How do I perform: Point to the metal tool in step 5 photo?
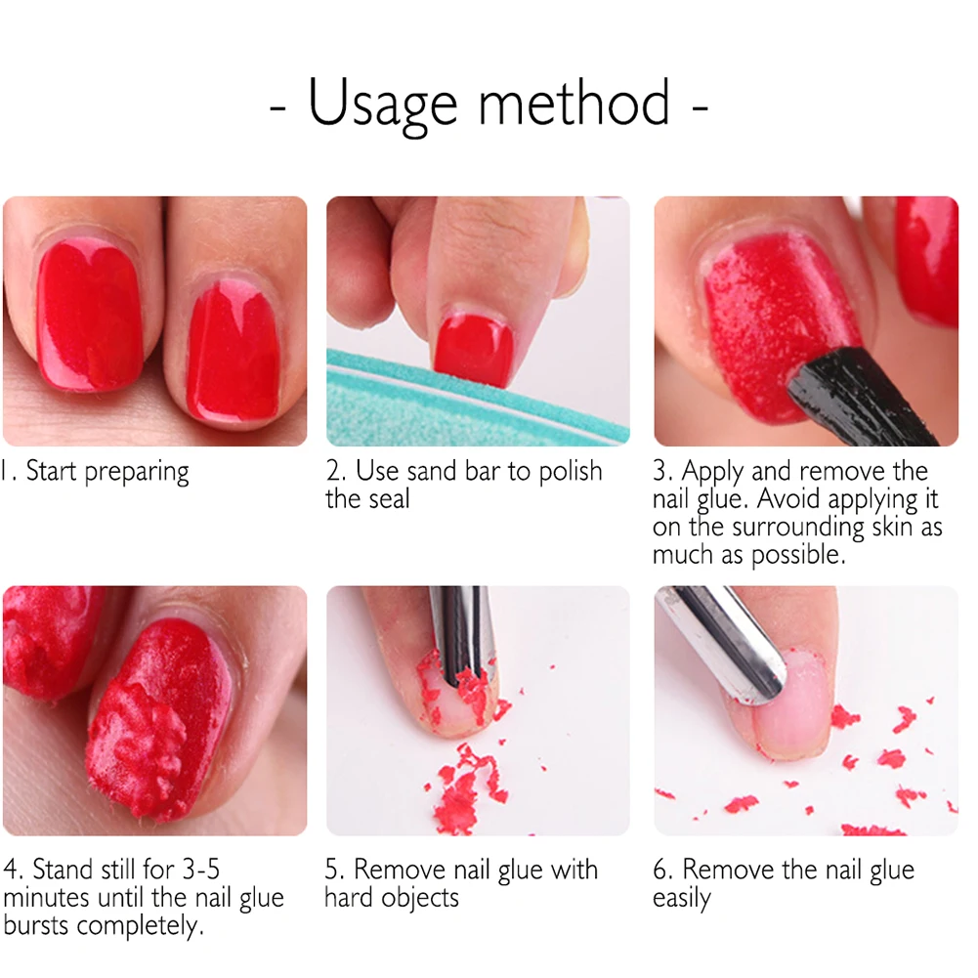460,630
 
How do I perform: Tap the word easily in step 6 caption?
682,898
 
